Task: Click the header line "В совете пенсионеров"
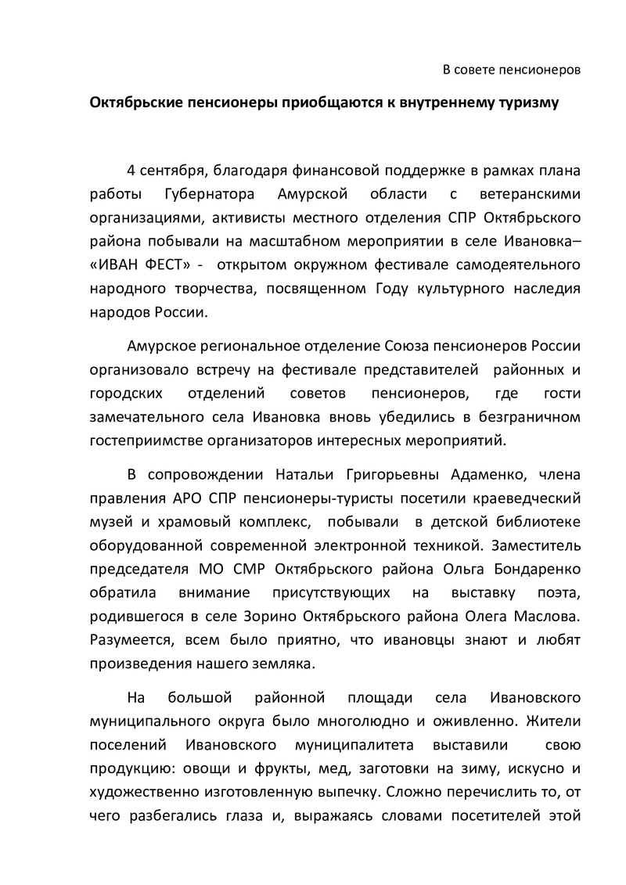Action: [x=512, y=70]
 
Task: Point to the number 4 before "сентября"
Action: [x=131, y=171]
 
